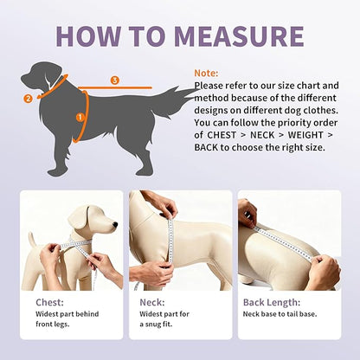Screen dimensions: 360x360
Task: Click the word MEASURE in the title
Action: click(x=239, y=35)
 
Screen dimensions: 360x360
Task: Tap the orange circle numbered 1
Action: click(x=80, y=115)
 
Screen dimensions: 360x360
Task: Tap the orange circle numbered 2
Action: click(x=29, y=99)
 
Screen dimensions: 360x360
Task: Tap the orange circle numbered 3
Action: click(x=115, y=80)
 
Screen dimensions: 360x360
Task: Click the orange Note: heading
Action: click(x=207, y=73)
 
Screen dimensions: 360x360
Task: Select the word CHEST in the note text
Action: click(x=220, y=135)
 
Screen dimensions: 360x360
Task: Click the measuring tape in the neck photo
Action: click(x=170, y=242)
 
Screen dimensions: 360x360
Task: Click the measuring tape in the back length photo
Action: click(x=286, y=241)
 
